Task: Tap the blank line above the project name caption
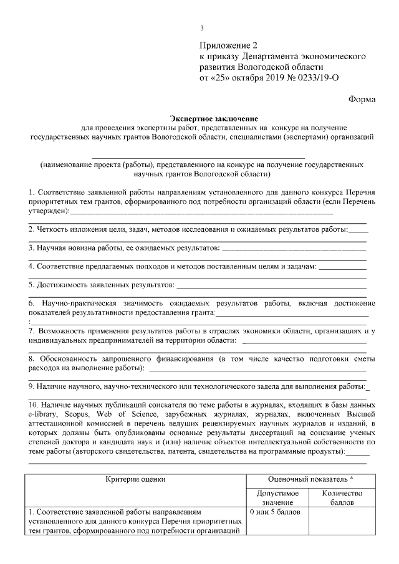click(199, 156)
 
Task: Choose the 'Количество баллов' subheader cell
click(342, 497)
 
